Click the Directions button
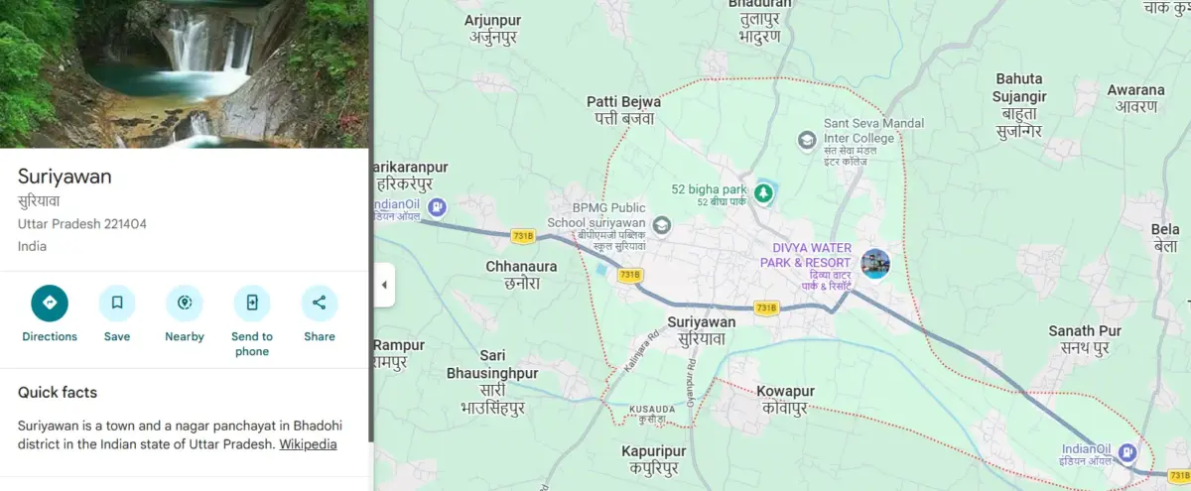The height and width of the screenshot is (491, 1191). click(x=50, y=304)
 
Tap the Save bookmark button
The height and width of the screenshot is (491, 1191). click(x=117, y=304)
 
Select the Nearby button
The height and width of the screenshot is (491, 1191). click(x=185, y=304)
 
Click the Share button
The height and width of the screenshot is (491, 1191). click(x=320, y=304)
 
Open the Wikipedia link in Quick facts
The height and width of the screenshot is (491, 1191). click(x=308, y=444)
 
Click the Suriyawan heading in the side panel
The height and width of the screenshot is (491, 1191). click(x=65, y=177)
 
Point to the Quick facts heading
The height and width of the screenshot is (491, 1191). click(x=58, y=393)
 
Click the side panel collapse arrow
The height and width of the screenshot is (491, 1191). click(x=384, y=286)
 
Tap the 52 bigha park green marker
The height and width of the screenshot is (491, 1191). click(x=763, y=192)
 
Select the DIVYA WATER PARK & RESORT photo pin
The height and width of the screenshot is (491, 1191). click(x=875, y=263)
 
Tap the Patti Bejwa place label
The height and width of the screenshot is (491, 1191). click(x=623, y=109)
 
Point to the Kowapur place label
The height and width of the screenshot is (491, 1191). click(x=785, y=400)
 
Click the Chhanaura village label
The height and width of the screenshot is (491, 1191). click(x=521, y=274)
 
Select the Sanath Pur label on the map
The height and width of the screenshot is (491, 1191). click(x=1085, y=339)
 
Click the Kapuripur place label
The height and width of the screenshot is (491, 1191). click(x=654, y=459)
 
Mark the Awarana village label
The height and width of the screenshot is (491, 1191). click(x=1135, y=97)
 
